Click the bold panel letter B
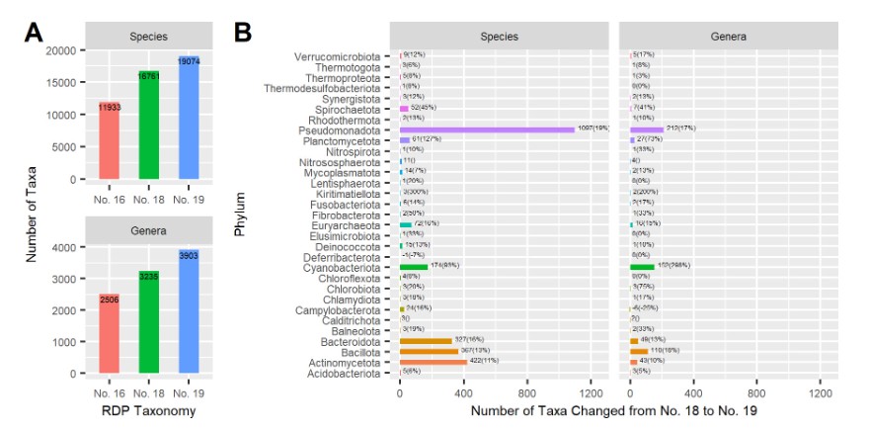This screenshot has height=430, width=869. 243,33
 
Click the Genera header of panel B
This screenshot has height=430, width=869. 728,37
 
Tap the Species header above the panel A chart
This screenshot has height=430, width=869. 149,37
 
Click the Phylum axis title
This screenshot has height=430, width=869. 240,215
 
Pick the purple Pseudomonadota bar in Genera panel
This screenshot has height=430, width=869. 647,129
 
